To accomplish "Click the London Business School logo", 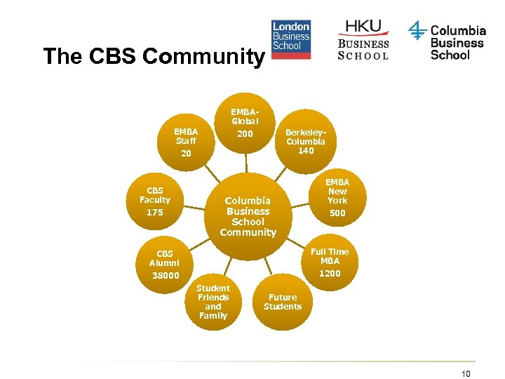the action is (291, 40).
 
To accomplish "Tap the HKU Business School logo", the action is (363, 39).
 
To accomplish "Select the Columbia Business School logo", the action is (447, 41).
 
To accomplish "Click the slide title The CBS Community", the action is (152, 56).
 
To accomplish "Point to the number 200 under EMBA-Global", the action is (245, 134).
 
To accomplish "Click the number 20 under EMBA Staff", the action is (186, 152).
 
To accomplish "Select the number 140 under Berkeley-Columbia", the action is (306, 150).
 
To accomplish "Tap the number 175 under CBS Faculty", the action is (154, 212).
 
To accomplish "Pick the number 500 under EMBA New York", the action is (337, 213).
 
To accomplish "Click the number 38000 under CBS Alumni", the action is (166, 275).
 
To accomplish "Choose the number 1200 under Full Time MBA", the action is (330, 273).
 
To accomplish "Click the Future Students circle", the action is (283, 302).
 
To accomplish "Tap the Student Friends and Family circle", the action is (213, 302).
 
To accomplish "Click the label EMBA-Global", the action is (245, 117).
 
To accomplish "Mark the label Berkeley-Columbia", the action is (306, 136).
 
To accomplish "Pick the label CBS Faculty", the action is (154, 195).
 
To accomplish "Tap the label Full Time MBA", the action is (330, 256).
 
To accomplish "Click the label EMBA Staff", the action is (186, 135).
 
